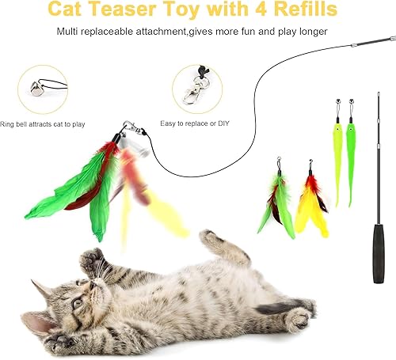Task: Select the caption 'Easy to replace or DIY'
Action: tap(196, 124)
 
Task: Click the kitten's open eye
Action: tap(77, 301)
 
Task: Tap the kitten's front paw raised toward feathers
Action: tap(92, 260)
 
